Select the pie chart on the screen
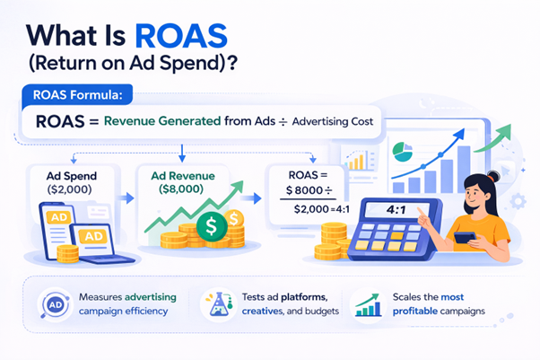click(x=405, y=150)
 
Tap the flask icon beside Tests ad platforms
click(x=213, y=305)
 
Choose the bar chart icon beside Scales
click(x=366, y=305)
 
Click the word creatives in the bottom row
click(x=261, y=312)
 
